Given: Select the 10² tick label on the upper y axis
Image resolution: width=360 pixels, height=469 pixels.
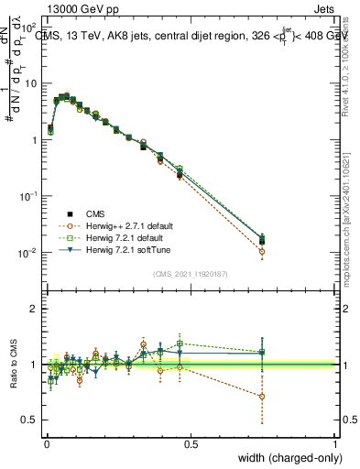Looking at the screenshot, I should [x=29, y=27].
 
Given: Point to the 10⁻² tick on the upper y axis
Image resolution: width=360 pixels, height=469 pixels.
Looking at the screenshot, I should [x=29, y=253].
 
